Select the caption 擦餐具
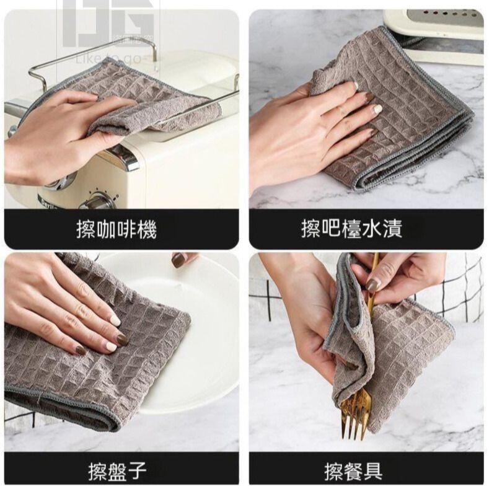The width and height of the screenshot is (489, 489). (x=353, y=472)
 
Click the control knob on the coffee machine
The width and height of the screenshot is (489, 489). (x=98, y=201)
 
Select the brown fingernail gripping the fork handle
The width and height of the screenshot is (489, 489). (x=372, y=284)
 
